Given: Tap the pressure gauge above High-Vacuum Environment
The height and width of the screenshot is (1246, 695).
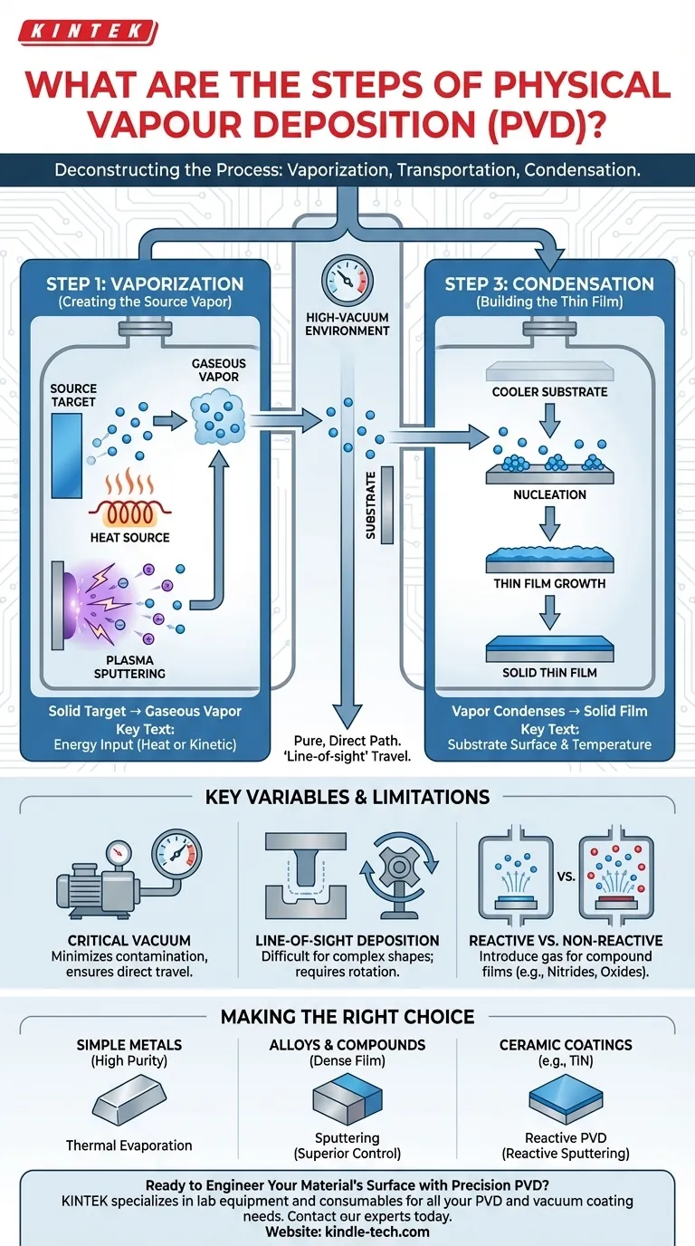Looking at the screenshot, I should coord(347,281).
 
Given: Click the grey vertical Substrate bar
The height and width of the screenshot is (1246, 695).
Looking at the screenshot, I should coord(386,504).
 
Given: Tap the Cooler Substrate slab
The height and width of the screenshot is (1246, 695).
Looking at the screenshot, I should coord(549,371).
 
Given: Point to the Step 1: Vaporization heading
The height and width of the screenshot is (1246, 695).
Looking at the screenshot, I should coord(145,284).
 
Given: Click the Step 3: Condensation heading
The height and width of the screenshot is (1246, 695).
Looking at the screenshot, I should coord(549,284).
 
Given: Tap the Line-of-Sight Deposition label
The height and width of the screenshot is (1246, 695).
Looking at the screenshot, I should coord(347,941).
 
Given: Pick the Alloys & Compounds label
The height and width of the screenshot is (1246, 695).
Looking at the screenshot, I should coord(347,1044).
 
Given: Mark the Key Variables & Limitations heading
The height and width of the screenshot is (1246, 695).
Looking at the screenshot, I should coord(347,797).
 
